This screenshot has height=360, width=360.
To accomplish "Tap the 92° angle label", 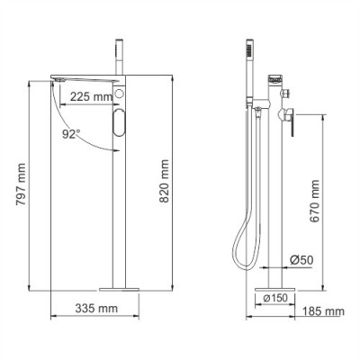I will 72,134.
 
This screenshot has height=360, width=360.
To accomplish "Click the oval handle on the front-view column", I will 121,123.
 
